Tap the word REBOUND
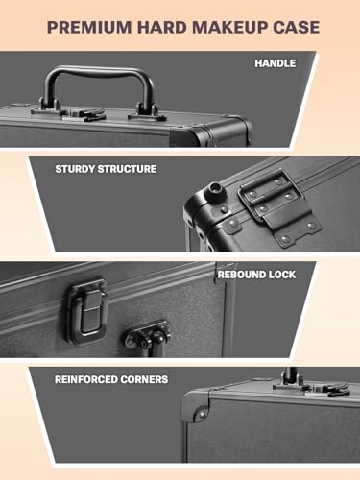(x=243, y=275)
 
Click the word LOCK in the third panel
(x=282, y=275)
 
